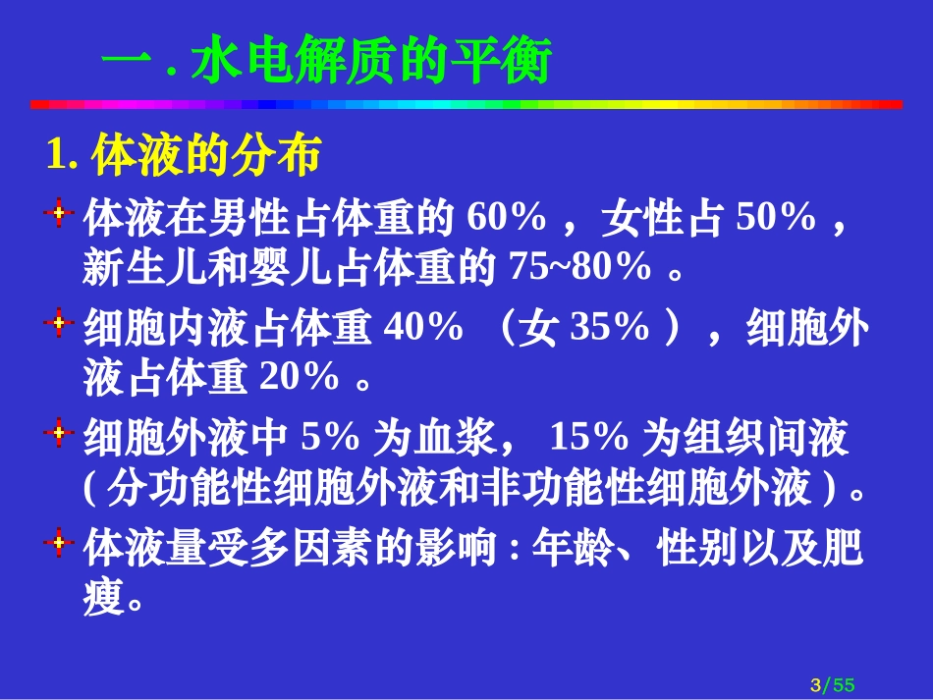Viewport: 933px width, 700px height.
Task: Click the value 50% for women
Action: (x=776, y=218)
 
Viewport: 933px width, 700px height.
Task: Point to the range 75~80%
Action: (x=580, y=267)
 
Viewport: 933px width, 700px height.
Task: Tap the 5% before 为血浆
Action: (x=331, y=438)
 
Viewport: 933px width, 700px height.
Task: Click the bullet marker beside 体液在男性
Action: (x=60, y=211)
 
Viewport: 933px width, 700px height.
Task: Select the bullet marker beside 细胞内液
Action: (x=60, y=322)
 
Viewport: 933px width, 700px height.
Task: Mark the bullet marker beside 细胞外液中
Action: (x=60, y=431)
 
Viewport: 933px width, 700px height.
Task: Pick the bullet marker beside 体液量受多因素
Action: (x=60, y=542)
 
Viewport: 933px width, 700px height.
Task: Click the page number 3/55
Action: (x=832, y=684)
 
